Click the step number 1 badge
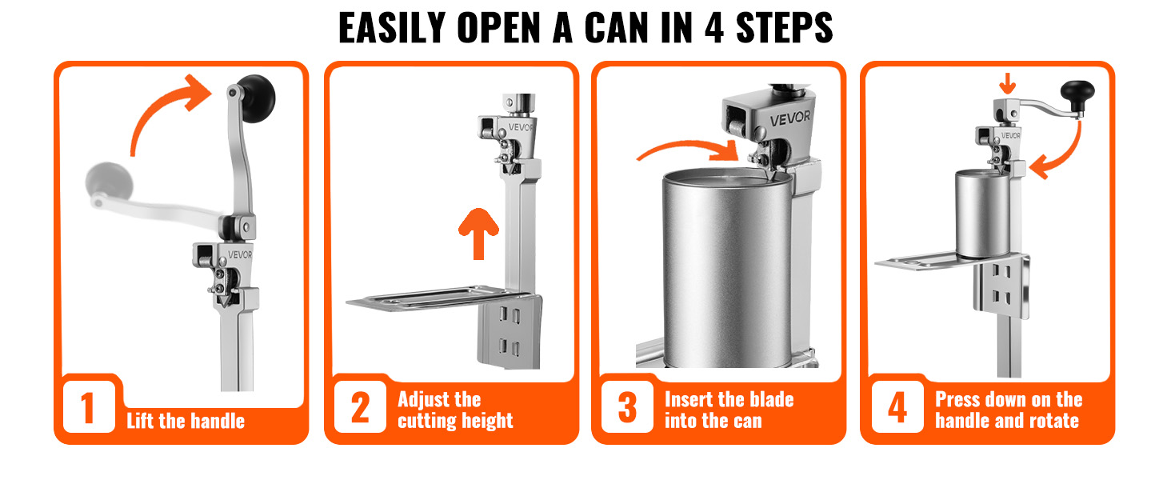click(x=88, y=407)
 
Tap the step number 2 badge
click(x=360, y=407)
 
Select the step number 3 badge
click(x=627, y=407)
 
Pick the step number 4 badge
click(x=897, y=407)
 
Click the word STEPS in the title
click(x=784, y=28)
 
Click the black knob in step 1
click(x=256, y=98)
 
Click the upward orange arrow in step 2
click(x=478, y=234)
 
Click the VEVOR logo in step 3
click(x=790, y=118)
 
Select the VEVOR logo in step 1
click(x=240, y=254)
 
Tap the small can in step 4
click(x=983, y=214)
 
